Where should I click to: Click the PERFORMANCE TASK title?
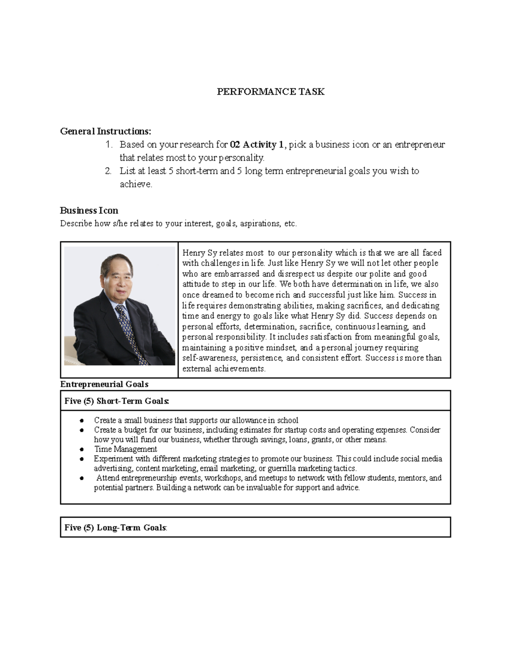tap(271, 92)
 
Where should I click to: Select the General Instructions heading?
tap(105, 131)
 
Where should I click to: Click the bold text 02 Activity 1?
tap(257, 144)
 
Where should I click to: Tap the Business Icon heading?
tap(89, 210)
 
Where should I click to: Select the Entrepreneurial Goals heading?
tap(104, 384)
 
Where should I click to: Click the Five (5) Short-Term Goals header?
tap(117, 401)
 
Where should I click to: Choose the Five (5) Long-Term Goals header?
tap(116, 527)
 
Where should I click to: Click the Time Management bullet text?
tap(125, 449)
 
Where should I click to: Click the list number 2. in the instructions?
tap(108, 171)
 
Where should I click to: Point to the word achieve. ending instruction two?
tap(136, 184)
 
